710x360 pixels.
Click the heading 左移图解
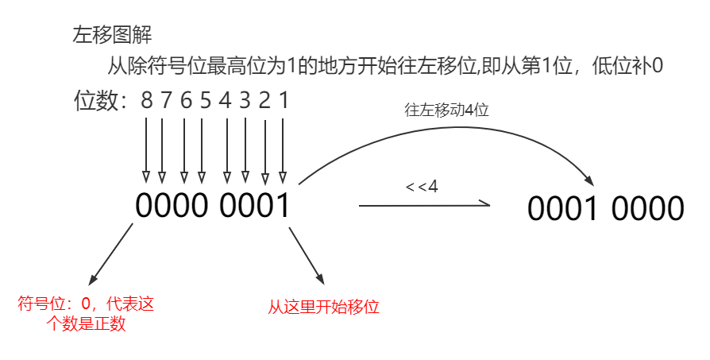[x=112, y=35]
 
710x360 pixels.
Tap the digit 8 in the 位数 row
[x=146, y=101]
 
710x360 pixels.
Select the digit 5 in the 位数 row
[x=205, y=101]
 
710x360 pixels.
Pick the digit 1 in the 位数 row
[x=284, y=101]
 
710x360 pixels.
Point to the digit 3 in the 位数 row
[x=245, y=101]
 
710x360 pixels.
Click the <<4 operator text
[x=422, y=187]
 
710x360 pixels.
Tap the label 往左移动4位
[x=446, y=110]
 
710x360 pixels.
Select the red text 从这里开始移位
[x=324, y=306]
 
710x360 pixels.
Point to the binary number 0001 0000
[x=605, y=208]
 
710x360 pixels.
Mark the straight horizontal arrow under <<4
[x=424, y=205]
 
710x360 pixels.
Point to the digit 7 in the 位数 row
[x=164, y=101]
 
